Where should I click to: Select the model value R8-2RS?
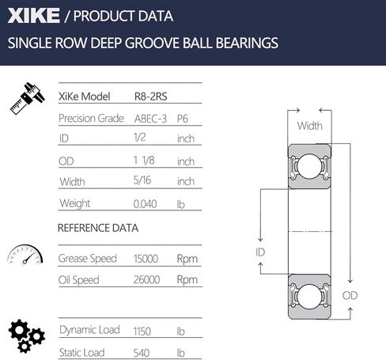pos(151,97)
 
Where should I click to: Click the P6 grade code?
pos(183,118)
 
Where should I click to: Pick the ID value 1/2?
pos(142,138)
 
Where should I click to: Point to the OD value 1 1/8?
pos(146,161)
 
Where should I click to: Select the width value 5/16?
pos(143,181)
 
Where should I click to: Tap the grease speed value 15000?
pos(149,258)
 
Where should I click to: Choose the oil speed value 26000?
pos(149,279)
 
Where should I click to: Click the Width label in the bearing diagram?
pos(309,126)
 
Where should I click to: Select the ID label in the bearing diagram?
pos(260,251)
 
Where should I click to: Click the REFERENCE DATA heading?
pos(98,228)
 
